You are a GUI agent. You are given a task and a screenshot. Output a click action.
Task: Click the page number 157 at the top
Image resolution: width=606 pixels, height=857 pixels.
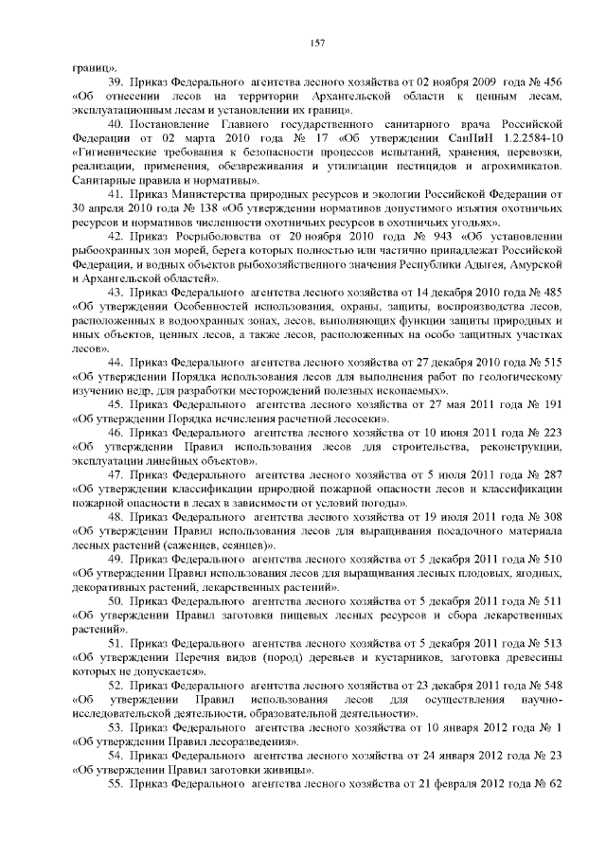317,42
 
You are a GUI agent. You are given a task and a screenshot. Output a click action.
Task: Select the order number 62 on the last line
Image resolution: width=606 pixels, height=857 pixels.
556,787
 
